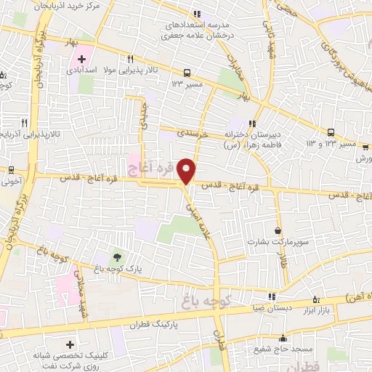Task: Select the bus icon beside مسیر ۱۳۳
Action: point(187,73)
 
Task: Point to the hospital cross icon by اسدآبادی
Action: point(83,59)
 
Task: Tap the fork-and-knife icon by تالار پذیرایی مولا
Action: point(131,59)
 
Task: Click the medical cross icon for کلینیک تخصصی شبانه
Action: point(70,344)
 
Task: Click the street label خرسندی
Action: point(194,133)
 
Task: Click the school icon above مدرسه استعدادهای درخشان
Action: point(196,13)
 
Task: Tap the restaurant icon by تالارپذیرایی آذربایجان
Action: point(24,123)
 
